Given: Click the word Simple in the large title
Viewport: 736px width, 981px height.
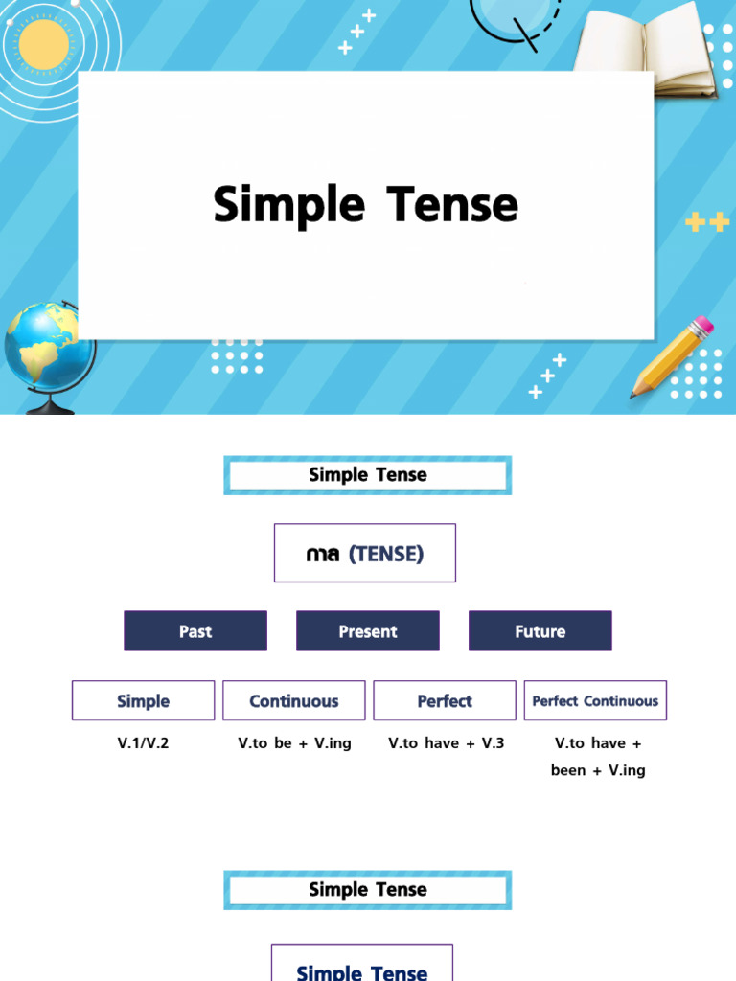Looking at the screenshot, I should pyautogui.click(x=288, y=205).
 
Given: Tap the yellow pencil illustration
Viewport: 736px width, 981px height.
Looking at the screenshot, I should pyautogui.click(x=672, y=356).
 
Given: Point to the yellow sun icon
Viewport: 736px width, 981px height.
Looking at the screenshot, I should pyautogui.click(x=44, y=44).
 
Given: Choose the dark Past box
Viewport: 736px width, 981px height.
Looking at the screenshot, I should pyautogui.click(x=195, y=631).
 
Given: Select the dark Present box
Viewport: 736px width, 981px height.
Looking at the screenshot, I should pyautogui.click(x=368, y=631).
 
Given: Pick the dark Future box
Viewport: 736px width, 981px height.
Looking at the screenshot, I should pyautogui.click(x=540, y=631).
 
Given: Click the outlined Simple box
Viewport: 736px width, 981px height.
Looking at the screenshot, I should pyautogui.click(x=143, y=700).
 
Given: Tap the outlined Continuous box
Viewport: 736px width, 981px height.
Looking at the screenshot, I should pyautogui.click(x=293, y=700).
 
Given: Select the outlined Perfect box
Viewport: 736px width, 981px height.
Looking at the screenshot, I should pyautogui.click(x=445, y=700).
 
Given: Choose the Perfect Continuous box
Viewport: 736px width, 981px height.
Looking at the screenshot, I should pyautogui.click(x=595, y=700).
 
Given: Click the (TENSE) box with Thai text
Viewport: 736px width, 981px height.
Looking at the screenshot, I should pyautogui.click(x=365, y=553).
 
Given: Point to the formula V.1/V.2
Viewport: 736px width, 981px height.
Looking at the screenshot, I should pyautogui.click(x=143, y=742).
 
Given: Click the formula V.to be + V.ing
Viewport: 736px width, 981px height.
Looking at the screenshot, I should pyautogui.click(x=294, y=742).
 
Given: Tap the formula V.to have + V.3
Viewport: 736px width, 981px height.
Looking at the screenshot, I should pyautogui.click(x=446, y=742).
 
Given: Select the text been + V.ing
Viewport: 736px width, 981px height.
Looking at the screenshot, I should pyautogui.click(x=598, y=769).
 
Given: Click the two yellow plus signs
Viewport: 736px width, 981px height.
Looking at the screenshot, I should pyautogui.click(x=707, y=222).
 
